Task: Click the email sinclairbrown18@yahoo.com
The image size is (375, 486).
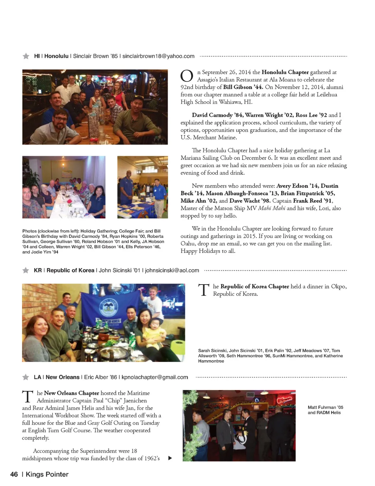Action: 158,56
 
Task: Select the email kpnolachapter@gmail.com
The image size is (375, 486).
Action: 155,377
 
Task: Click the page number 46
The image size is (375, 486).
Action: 14,475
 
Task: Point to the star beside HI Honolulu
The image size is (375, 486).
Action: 26,56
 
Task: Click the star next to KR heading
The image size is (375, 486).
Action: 26,271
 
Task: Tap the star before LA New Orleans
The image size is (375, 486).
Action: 26,377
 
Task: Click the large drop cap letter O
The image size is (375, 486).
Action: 187,76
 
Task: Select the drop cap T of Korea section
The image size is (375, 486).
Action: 204,290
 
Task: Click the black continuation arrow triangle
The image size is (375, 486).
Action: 170,458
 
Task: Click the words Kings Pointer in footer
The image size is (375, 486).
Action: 47,475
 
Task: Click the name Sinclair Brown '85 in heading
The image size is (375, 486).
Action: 95,56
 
